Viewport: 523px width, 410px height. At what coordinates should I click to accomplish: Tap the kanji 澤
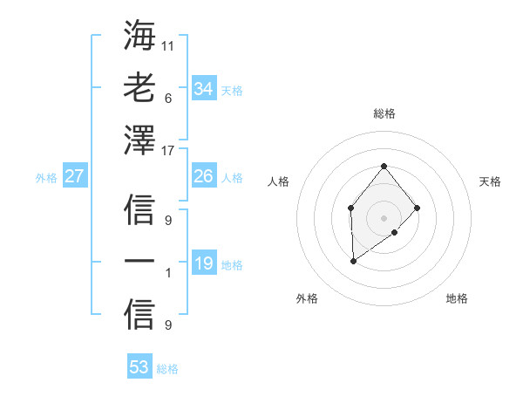(x=139, y=140)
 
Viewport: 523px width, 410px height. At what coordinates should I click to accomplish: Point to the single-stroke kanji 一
(x=139, y=263)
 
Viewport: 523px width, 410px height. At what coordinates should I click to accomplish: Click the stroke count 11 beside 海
(x=168, y=44)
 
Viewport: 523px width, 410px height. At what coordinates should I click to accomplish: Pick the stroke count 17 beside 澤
(x=168, y=151)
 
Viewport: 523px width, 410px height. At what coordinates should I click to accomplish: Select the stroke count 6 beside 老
(x=168, y=99)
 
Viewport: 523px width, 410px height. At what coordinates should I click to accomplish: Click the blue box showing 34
(x=203, y=89)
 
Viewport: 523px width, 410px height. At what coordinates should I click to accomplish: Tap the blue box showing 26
(x=203, y=176)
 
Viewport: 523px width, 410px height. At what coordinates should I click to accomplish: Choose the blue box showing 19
(x=203, y=263)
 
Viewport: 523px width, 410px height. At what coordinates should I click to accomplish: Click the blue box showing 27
(x=74, y=176)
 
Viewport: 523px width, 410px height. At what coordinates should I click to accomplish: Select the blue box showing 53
(x=139, y=367)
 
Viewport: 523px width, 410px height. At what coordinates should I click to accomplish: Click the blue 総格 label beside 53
(x=167, y=369)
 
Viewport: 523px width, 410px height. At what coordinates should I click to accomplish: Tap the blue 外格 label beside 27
(x=46, y=178)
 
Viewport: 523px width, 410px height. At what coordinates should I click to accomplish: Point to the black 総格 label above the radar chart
(x=384, y=113)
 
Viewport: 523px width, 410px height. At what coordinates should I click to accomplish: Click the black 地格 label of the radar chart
(x=457, y=299)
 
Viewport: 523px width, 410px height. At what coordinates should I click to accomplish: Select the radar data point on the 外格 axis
(x=353, y=261)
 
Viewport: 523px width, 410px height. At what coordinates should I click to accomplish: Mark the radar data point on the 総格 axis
(x=384, y=166)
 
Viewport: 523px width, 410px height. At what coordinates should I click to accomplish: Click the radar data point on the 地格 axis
(x=395, y=232)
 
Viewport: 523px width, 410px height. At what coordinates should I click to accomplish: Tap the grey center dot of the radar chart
(x=384, y=217)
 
